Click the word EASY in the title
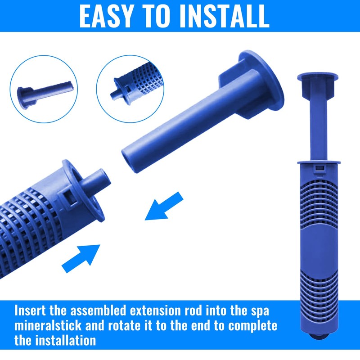106,16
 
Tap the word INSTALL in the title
224,16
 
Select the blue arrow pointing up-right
81,258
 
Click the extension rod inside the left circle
45,94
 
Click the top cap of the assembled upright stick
318,77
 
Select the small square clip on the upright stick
319,168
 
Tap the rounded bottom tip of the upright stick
319,336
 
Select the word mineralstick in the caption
48,325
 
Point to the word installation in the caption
65,340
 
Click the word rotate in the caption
125,326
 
